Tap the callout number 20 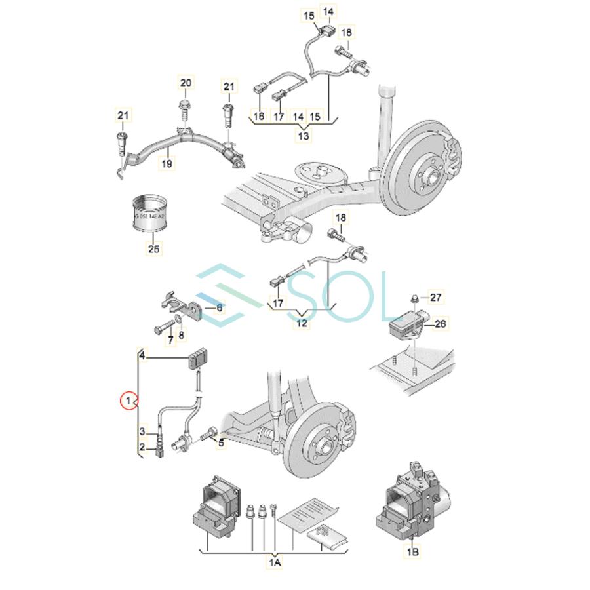[186, 83]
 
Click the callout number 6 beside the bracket [219, 307]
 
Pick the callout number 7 [170, 340]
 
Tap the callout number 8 [182, 336]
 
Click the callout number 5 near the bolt [222, 443]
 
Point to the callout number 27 [436, 297]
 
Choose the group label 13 [304, 136]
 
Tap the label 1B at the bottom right [413, 552]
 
